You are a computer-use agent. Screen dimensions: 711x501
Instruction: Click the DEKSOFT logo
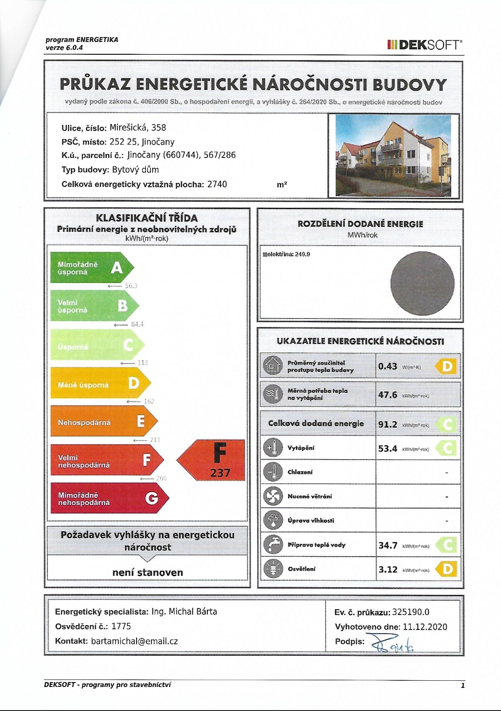(x=424, y=44)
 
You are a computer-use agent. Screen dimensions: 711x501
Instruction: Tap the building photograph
(x=393, y=155)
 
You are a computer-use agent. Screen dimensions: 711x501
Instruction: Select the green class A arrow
(x=91, y=268)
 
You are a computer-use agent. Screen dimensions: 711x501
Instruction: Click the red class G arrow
(x=109, y=498)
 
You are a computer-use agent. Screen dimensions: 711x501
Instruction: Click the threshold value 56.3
(x=131, y=286)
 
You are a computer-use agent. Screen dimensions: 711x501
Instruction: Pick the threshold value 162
(x=149, y=401)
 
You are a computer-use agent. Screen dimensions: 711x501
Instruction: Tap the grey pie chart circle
(x=422, y=283)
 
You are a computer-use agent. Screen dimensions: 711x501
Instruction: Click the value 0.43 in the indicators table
(x=388, y=366)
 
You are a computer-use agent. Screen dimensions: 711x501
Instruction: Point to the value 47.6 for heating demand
(x=388, y=395)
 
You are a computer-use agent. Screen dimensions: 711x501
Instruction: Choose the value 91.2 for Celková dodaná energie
(x=388, y=424)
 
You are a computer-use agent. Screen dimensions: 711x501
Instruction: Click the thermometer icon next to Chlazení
(x=273, y=472)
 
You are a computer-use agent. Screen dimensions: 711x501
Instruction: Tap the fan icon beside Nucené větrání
(x=273, y=496)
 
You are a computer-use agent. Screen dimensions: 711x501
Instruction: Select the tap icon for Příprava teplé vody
(x=273, y=545)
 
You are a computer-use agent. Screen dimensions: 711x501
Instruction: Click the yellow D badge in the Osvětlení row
(x=447, y=569)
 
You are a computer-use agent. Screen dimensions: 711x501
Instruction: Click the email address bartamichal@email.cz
(x=134, y=641)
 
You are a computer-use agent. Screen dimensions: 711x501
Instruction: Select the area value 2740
(x=217, y=184)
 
